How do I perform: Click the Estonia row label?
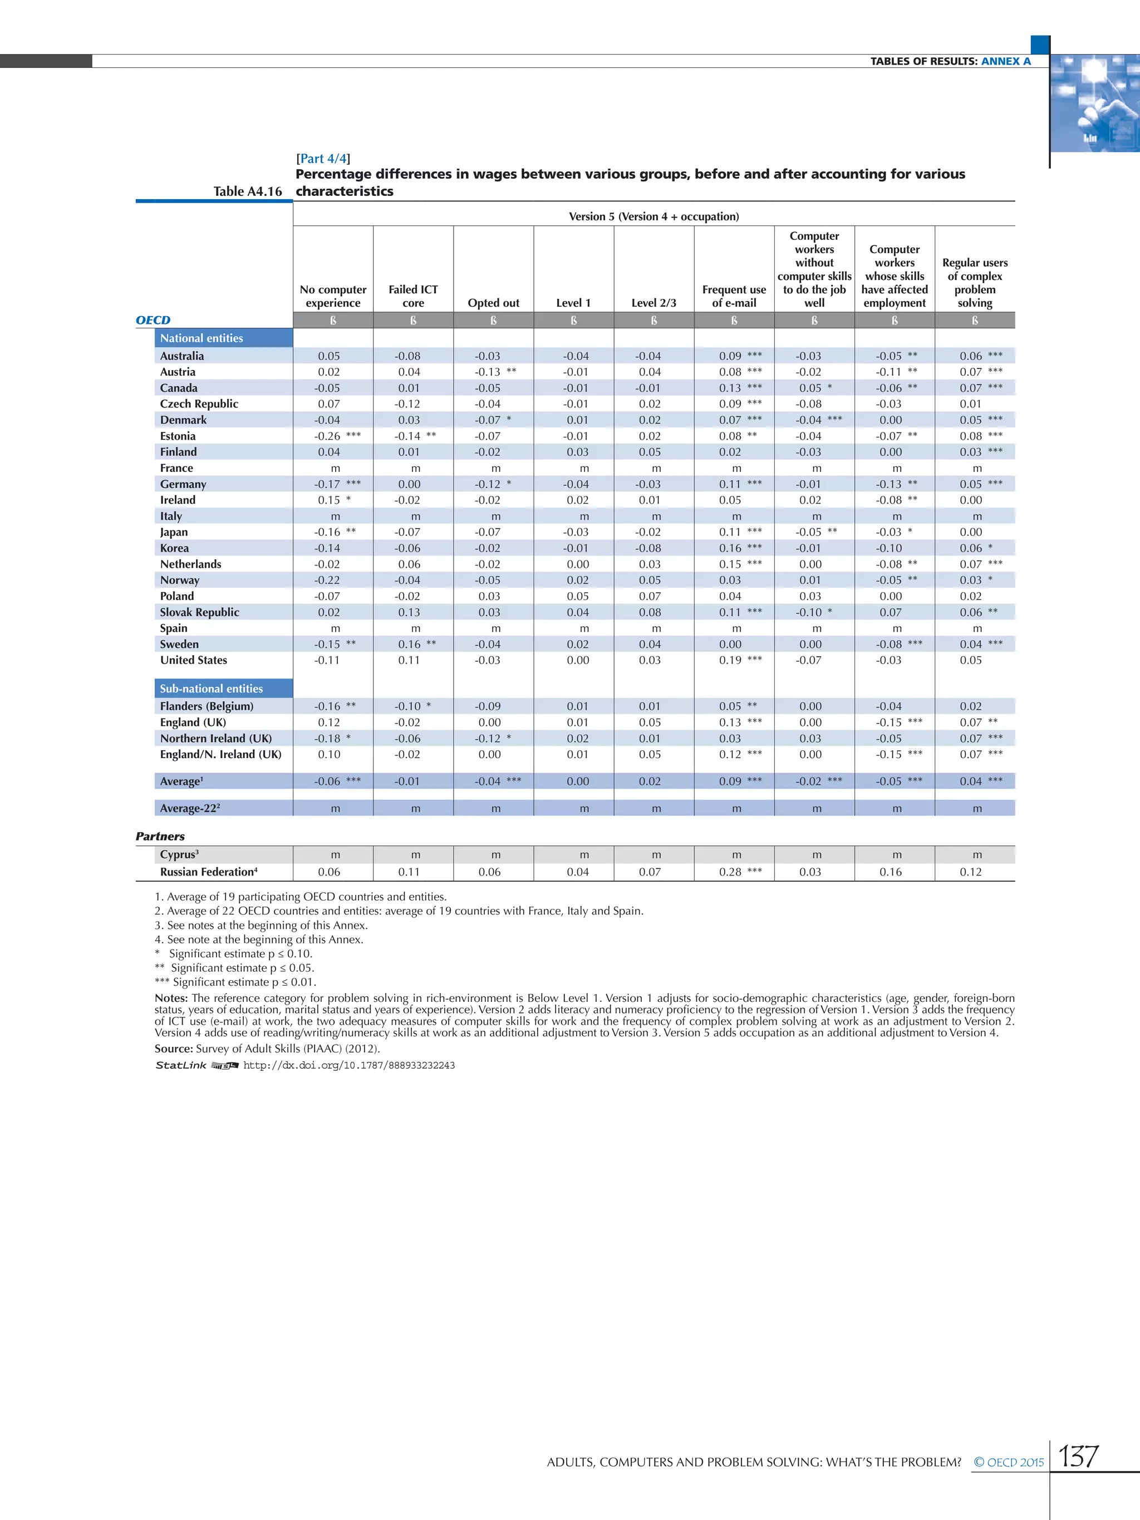(x=178, y=436)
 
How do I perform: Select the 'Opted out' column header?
(x=493, y=302)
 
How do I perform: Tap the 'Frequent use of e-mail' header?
(x=734, y=296)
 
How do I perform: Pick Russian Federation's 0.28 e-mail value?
(x=730, y=872)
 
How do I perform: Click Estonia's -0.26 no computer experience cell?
(x=328, y=436)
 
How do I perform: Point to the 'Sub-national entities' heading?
(x=212, y=688)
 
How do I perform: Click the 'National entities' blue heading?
(x=202, y=337)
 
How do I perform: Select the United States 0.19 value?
(x=730, y=660)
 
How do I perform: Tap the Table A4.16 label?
(x=247, y=191)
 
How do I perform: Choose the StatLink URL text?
(x=348, y=1065)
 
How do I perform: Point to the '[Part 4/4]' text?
(x=323, y=158)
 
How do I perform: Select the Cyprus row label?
(x=179, y=854)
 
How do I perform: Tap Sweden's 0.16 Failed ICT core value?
(x=409, y=644)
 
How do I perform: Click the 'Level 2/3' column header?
(x=653, y=302)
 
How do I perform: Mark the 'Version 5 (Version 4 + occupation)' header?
(x=653, y=216)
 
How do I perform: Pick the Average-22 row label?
(x=190, y=808)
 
